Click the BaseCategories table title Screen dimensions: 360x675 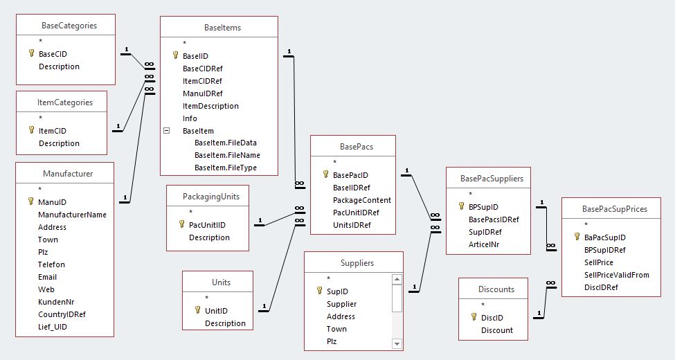click(69, 26)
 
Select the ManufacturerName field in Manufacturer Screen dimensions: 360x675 click(72, 215)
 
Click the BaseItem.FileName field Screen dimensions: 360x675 click(227, 155)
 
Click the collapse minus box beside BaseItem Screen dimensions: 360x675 click(166, 130)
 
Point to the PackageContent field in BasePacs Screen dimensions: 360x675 click(361, 200)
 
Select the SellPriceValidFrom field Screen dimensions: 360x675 click(617, 275)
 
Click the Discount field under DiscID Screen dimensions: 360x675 click(497, 330)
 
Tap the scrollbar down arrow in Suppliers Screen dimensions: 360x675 click(397, 343)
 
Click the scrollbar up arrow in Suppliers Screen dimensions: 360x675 click(397, 280)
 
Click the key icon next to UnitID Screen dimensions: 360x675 click(197, 311)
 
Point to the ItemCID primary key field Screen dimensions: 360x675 click(53, 131)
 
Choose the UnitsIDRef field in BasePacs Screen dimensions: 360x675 click(352, 225)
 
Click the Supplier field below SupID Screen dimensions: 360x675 click(341, 304)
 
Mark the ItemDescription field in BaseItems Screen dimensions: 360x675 click(210, 106)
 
